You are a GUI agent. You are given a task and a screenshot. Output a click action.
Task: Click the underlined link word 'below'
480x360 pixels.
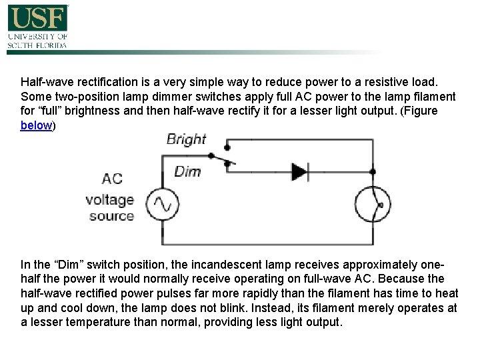point(36,125)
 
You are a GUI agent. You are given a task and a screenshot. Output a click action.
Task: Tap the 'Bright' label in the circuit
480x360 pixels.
point(186,139)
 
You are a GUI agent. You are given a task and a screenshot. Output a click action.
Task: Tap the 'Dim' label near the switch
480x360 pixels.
point(187,171)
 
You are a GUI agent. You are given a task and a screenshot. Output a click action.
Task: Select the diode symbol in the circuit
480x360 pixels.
point(299,171)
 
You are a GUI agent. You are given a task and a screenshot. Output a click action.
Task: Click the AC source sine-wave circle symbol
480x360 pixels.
point(161,205)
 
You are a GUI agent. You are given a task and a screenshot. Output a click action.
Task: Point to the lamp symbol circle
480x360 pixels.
point(372,205)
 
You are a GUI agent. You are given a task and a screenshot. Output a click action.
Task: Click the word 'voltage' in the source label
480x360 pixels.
point(110,199)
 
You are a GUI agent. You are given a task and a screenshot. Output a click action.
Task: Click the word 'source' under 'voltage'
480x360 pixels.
point(112,215)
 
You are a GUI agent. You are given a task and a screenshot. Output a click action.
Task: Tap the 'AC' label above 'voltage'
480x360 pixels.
point(112,179)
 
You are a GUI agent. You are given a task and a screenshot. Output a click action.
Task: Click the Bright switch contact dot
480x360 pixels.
point(227,146)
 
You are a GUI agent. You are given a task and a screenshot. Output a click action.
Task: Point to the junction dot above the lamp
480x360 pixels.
point(372,171)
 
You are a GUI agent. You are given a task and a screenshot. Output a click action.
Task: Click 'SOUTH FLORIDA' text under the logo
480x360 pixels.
point(37,45)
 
